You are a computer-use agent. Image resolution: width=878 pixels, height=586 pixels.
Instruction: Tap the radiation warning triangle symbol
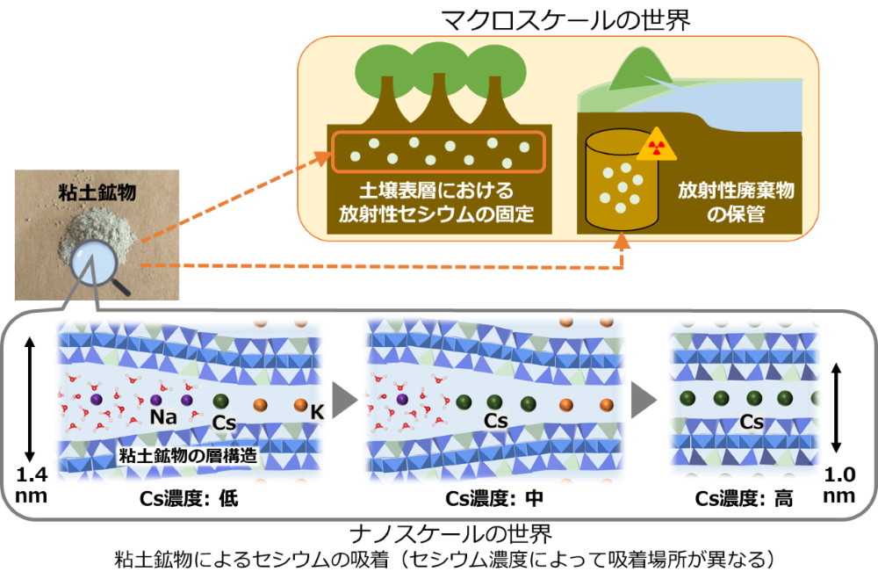click(656, 145)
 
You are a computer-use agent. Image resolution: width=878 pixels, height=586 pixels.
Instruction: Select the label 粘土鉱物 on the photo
click(97, 192)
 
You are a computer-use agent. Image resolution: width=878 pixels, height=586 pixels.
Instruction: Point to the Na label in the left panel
click(163, 416)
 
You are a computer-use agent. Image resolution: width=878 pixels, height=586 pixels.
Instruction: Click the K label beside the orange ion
click(318, 412)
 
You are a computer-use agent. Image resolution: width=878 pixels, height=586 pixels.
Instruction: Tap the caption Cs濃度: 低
click(189, 498)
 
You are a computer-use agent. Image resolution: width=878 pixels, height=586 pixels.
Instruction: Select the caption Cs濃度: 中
click(494, 498)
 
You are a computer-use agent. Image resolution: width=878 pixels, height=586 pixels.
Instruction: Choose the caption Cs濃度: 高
click(744, 498)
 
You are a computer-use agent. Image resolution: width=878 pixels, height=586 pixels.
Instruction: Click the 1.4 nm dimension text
click(32, 485)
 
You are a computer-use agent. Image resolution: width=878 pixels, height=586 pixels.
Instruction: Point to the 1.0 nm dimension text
click(839, 485)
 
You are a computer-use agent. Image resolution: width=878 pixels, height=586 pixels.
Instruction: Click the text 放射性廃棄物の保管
click(736, 202)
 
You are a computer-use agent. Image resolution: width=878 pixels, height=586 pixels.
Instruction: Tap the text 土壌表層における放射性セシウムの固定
click(436, 202)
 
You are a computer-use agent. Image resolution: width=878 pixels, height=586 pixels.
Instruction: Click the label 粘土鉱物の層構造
click(188, 455)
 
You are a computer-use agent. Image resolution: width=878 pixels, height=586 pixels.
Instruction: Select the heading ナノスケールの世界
click(450, 534)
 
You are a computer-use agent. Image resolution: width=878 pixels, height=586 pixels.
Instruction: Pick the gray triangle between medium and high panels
click(643, 400)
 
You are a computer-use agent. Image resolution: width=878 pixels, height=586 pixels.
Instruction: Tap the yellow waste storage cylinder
click(621, 179)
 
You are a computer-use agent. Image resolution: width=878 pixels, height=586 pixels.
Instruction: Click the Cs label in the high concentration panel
click(752, 422)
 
